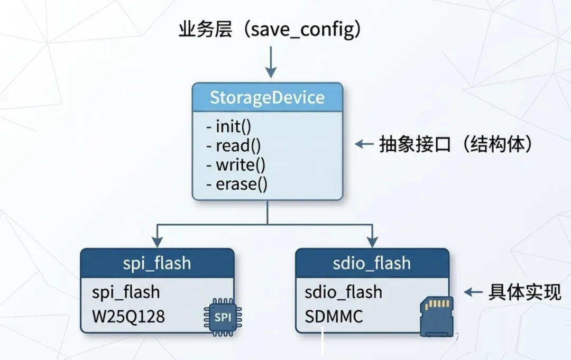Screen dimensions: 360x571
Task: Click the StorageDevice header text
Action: coord(267,98)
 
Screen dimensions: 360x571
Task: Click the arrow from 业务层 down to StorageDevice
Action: coord(271,62)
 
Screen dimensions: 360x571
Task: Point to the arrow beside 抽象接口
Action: coord(364,144)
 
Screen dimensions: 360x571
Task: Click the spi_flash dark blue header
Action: coord(157,263)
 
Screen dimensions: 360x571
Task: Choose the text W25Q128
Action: coord(128,316)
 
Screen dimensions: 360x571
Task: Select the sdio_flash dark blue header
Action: coord(372,263)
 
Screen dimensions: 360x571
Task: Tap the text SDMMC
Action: coord(334,316)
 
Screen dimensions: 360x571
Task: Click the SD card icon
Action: coord(437,316)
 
